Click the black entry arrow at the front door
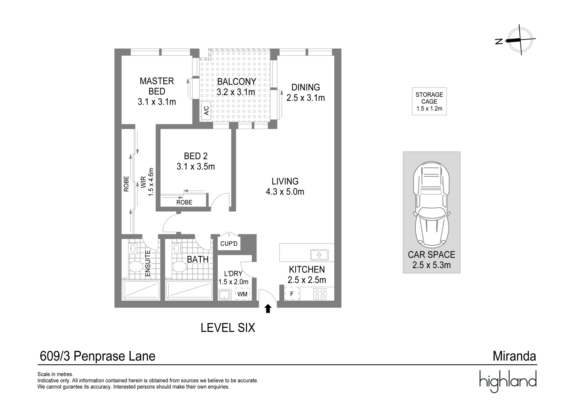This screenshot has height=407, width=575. click(268, 309)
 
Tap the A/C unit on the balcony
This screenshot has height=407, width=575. click(206, 111)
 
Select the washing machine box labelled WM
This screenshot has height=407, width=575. click(243, 294)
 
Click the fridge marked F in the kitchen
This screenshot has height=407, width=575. click(291, 294)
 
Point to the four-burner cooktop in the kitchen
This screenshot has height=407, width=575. click(320, 294)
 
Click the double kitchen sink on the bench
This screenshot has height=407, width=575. click(319, 255)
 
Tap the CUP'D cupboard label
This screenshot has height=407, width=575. click(229, 244)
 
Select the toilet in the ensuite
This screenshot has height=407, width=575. click(134, 267)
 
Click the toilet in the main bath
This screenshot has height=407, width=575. click(178, 267)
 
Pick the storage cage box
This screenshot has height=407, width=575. click(429, 102)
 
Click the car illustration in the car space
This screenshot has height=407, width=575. click(431, 204)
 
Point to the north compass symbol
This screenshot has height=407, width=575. click(520, 40)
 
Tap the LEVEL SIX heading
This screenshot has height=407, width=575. click(228, 328)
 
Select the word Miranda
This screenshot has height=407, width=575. click(514, 356)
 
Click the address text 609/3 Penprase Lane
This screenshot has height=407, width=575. click(97, 356)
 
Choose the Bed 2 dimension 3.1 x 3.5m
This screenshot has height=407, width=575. click(195, 166)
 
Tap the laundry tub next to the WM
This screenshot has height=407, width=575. click(225, 294)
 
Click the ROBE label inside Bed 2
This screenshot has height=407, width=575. click(184, 202)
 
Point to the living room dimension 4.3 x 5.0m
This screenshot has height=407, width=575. click(285, 192)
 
